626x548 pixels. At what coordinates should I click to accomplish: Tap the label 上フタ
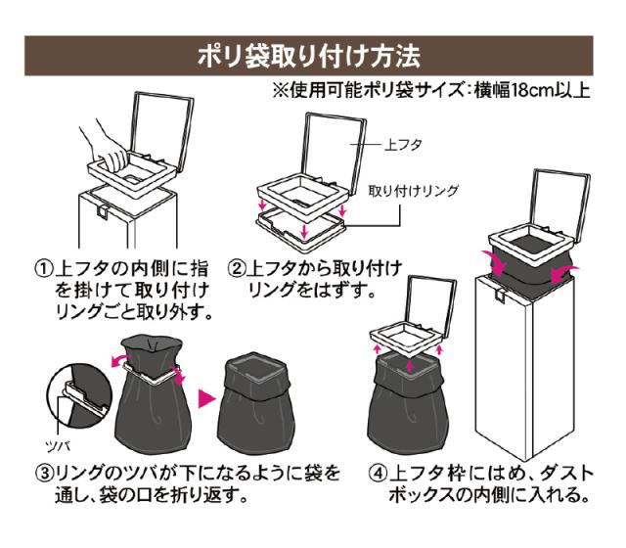pyautogui.click(x=401, y=144)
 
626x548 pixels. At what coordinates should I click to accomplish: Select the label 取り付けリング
pyautogui.click(x=412, y=189)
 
